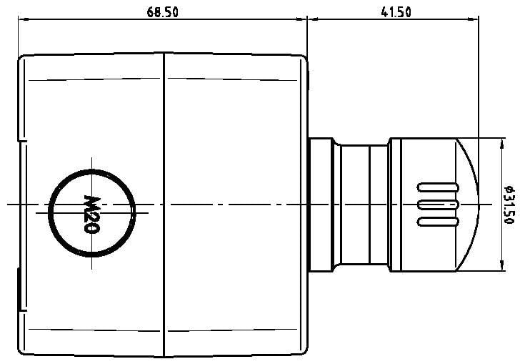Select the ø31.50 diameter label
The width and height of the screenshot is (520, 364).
[509, 205]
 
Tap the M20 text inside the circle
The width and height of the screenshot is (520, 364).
[91, 213]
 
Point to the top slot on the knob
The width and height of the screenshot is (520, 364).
[437, 188]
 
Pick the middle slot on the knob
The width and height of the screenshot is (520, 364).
[437, 205]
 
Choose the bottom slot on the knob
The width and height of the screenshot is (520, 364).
[437, 222]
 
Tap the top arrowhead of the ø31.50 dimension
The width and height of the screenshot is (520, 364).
[498, 142]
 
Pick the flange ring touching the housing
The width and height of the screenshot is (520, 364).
[319, 205]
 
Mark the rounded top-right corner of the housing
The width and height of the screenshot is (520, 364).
[303, 59]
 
